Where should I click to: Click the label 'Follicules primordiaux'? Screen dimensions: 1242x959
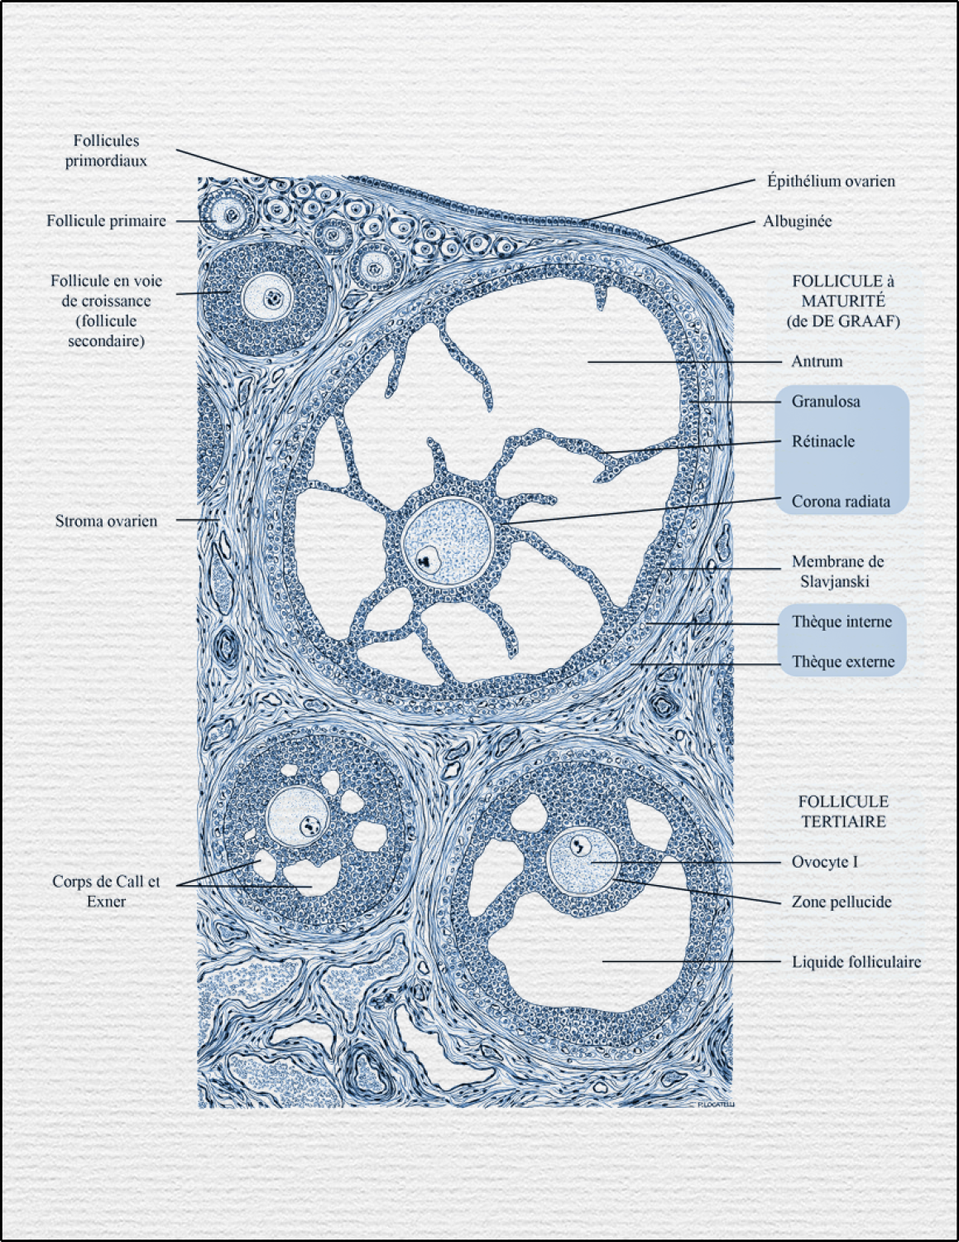[106, 151]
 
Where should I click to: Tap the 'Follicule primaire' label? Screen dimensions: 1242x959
[106, 221]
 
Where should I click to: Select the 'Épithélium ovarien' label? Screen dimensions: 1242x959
[830, 181]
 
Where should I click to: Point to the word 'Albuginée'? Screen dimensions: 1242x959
[797, 222]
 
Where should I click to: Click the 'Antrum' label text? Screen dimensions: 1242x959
[817, 362]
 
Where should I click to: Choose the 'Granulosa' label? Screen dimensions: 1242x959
[825, 402]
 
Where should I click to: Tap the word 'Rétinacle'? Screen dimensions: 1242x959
[822, 441]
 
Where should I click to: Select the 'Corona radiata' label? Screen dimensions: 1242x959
[841, 502]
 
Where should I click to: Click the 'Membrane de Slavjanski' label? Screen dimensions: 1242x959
[837, 571]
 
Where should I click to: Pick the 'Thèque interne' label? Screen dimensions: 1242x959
[842, 622]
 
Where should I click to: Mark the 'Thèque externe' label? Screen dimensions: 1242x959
[842, 662]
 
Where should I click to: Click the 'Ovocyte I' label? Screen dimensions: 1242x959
[824, 862]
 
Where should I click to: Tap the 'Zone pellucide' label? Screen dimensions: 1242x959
[841, 902]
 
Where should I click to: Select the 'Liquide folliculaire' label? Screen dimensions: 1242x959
[856, 962]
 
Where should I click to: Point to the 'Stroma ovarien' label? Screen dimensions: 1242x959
[106, 521]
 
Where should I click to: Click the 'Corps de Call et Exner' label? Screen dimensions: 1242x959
[106, 891]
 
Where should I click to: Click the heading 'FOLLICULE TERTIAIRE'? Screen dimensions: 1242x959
[842, 811]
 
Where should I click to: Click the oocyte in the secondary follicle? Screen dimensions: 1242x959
[269, 297]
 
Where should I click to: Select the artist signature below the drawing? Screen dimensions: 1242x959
[715, 1104]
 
